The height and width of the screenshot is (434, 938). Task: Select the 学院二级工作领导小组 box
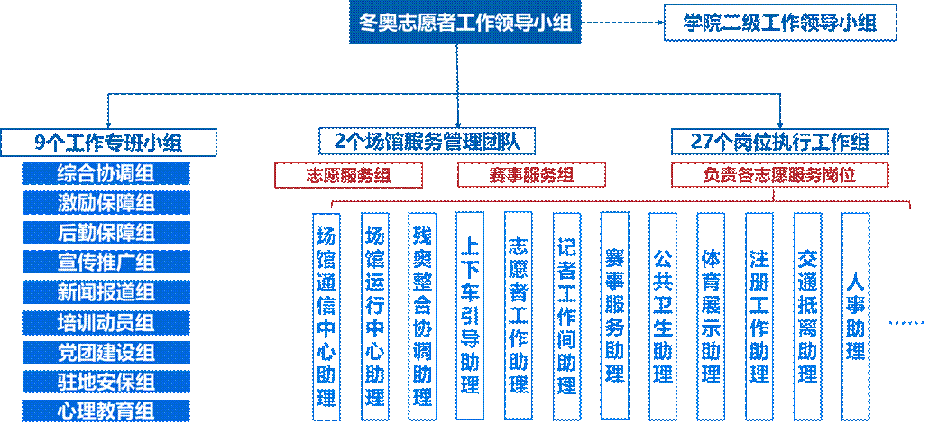780,23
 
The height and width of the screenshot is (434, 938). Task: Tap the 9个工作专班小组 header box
108,143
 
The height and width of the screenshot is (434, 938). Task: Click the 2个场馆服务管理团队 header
427,142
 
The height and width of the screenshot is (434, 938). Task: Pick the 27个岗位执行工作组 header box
780,142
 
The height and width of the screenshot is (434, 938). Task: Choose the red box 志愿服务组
348,175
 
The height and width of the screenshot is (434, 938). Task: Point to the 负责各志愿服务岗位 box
780,175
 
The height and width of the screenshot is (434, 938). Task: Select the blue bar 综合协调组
106,173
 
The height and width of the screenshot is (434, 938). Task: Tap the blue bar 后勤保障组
106,233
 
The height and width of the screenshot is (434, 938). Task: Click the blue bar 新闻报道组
106,292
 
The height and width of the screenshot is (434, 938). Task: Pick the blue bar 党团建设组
106,352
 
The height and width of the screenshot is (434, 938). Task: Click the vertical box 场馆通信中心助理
326,316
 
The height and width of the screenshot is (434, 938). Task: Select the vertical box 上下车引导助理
471,316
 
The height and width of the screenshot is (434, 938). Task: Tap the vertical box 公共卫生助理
663,316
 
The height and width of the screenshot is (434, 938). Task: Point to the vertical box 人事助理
855,316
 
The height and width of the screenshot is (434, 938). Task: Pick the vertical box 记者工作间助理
566,316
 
